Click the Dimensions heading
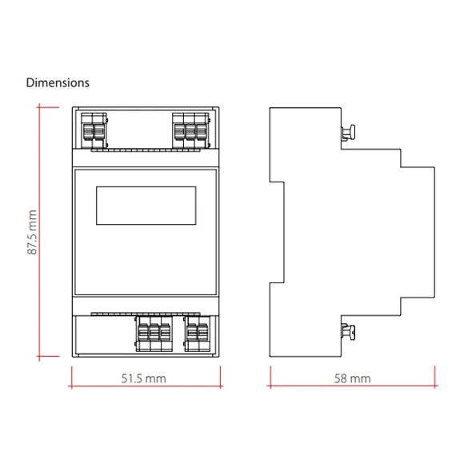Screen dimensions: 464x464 tap(58, 83)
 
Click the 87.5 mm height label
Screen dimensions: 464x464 tap(32, 232)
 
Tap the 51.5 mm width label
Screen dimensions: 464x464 tap(143, 378)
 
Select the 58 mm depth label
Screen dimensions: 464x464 tap(353, 378)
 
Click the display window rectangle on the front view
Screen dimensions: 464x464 tap(146, 186)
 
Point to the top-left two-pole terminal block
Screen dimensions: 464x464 tap(94, 130)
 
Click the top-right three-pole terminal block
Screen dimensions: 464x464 tap(191, 130)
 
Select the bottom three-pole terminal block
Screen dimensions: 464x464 tap(154, 334)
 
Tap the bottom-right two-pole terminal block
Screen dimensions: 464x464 tap(197, 334)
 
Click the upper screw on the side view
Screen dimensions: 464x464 tap(348, 132)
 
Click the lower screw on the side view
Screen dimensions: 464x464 tap(348, 332)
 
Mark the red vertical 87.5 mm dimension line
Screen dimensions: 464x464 tap(39, 232)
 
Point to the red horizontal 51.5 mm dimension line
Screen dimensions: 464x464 tap(146, 386)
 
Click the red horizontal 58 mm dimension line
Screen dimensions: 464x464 tap(353, 386)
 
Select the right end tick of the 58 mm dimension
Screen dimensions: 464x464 tap(435, 377)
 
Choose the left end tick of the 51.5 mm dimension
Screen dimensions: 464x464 tap(72, 377)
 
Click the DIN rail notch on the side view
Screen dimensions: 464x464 tap(277, 232)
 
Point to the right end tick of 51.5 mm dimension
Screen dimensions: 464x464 tap(221, 377)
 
